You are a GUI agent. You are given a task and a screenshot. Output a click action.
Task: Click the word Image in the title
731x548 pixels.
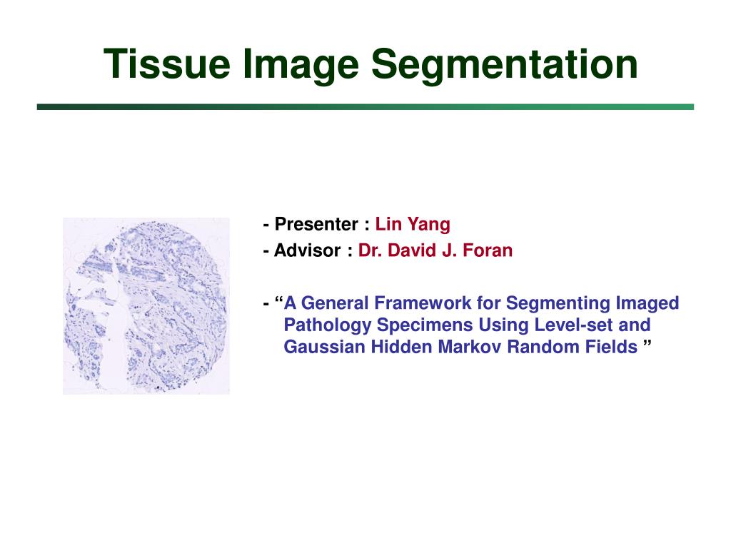[x=301, y=64]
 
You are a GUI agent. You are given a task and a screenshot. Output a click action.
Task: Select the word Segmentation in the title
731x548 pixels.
[x=503, y=64]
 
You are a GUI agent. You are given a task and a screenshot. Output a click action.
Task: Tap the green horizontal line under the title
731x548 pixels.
[x=365, y=107]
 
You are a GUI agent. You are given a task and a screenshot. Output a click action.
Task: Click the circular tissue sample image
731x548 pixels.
[x=146, y=305]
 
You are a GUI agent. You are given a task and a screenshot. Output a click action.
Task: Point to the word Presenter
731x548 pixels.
[x=316, y=225]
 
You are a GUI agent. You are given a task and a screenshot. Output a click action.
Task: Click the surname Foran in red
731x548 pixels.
[x=489, y=251]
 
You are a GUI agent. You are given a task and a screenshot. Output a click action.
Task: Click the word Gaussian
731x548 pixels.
[x=319, y=347]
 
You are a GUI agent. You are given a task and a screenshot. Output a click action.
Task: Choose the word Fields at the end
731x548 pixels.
[x=615, y=347]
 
